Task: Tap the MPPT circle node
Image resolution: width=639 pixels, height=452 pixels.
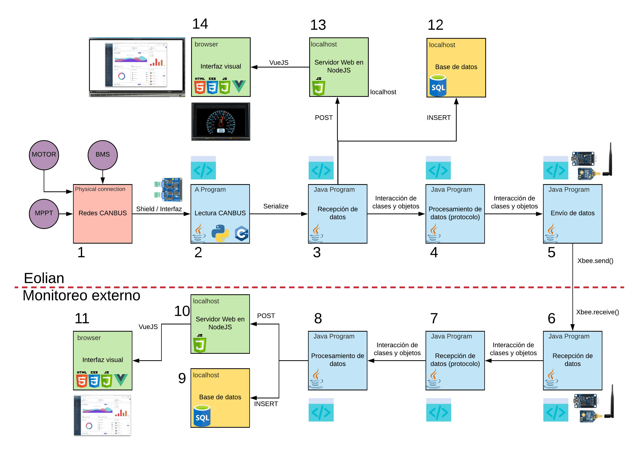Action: (x=44, y=213)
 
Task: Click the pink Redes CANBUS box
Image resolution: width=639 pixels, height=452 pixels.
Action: (x=102, y=213)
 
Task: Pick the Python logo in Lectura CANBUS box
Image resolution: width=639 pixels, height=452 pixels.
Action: (x=220, y=233)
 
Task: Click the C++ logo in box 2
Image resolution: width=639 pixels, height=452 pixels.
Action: (x=241, y=233)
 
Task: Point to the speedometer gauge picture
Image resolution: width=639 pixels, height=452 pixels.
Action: (x=221, y=122)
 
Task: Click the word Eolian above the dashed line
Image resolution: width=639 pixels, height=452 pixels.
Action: (x=44, y=278)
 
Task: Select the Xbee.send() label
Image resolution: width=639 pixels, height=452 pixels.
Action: (x=595, y=261)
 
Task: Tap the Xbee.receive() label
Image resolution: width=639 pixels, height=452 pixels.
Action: (x=597, y=312)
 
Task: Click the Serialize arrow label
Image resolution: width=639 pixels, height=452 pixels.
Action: (x=276, y=206)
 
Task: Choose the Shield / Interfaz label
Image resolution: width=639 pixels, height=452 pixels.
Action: (x=159, y=209)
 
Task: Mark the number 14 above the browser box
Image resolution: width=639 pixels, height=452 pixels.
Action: (x=200, y=24)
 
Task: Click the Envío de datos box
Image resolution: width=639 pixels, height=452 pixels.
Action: (x=572, y=213)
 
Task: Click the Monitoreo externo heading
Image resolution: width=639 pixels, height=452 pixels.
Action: (x=81, y=295)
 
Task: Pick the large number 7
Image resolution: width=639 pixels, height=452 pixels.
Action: (x=434, y=318)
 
